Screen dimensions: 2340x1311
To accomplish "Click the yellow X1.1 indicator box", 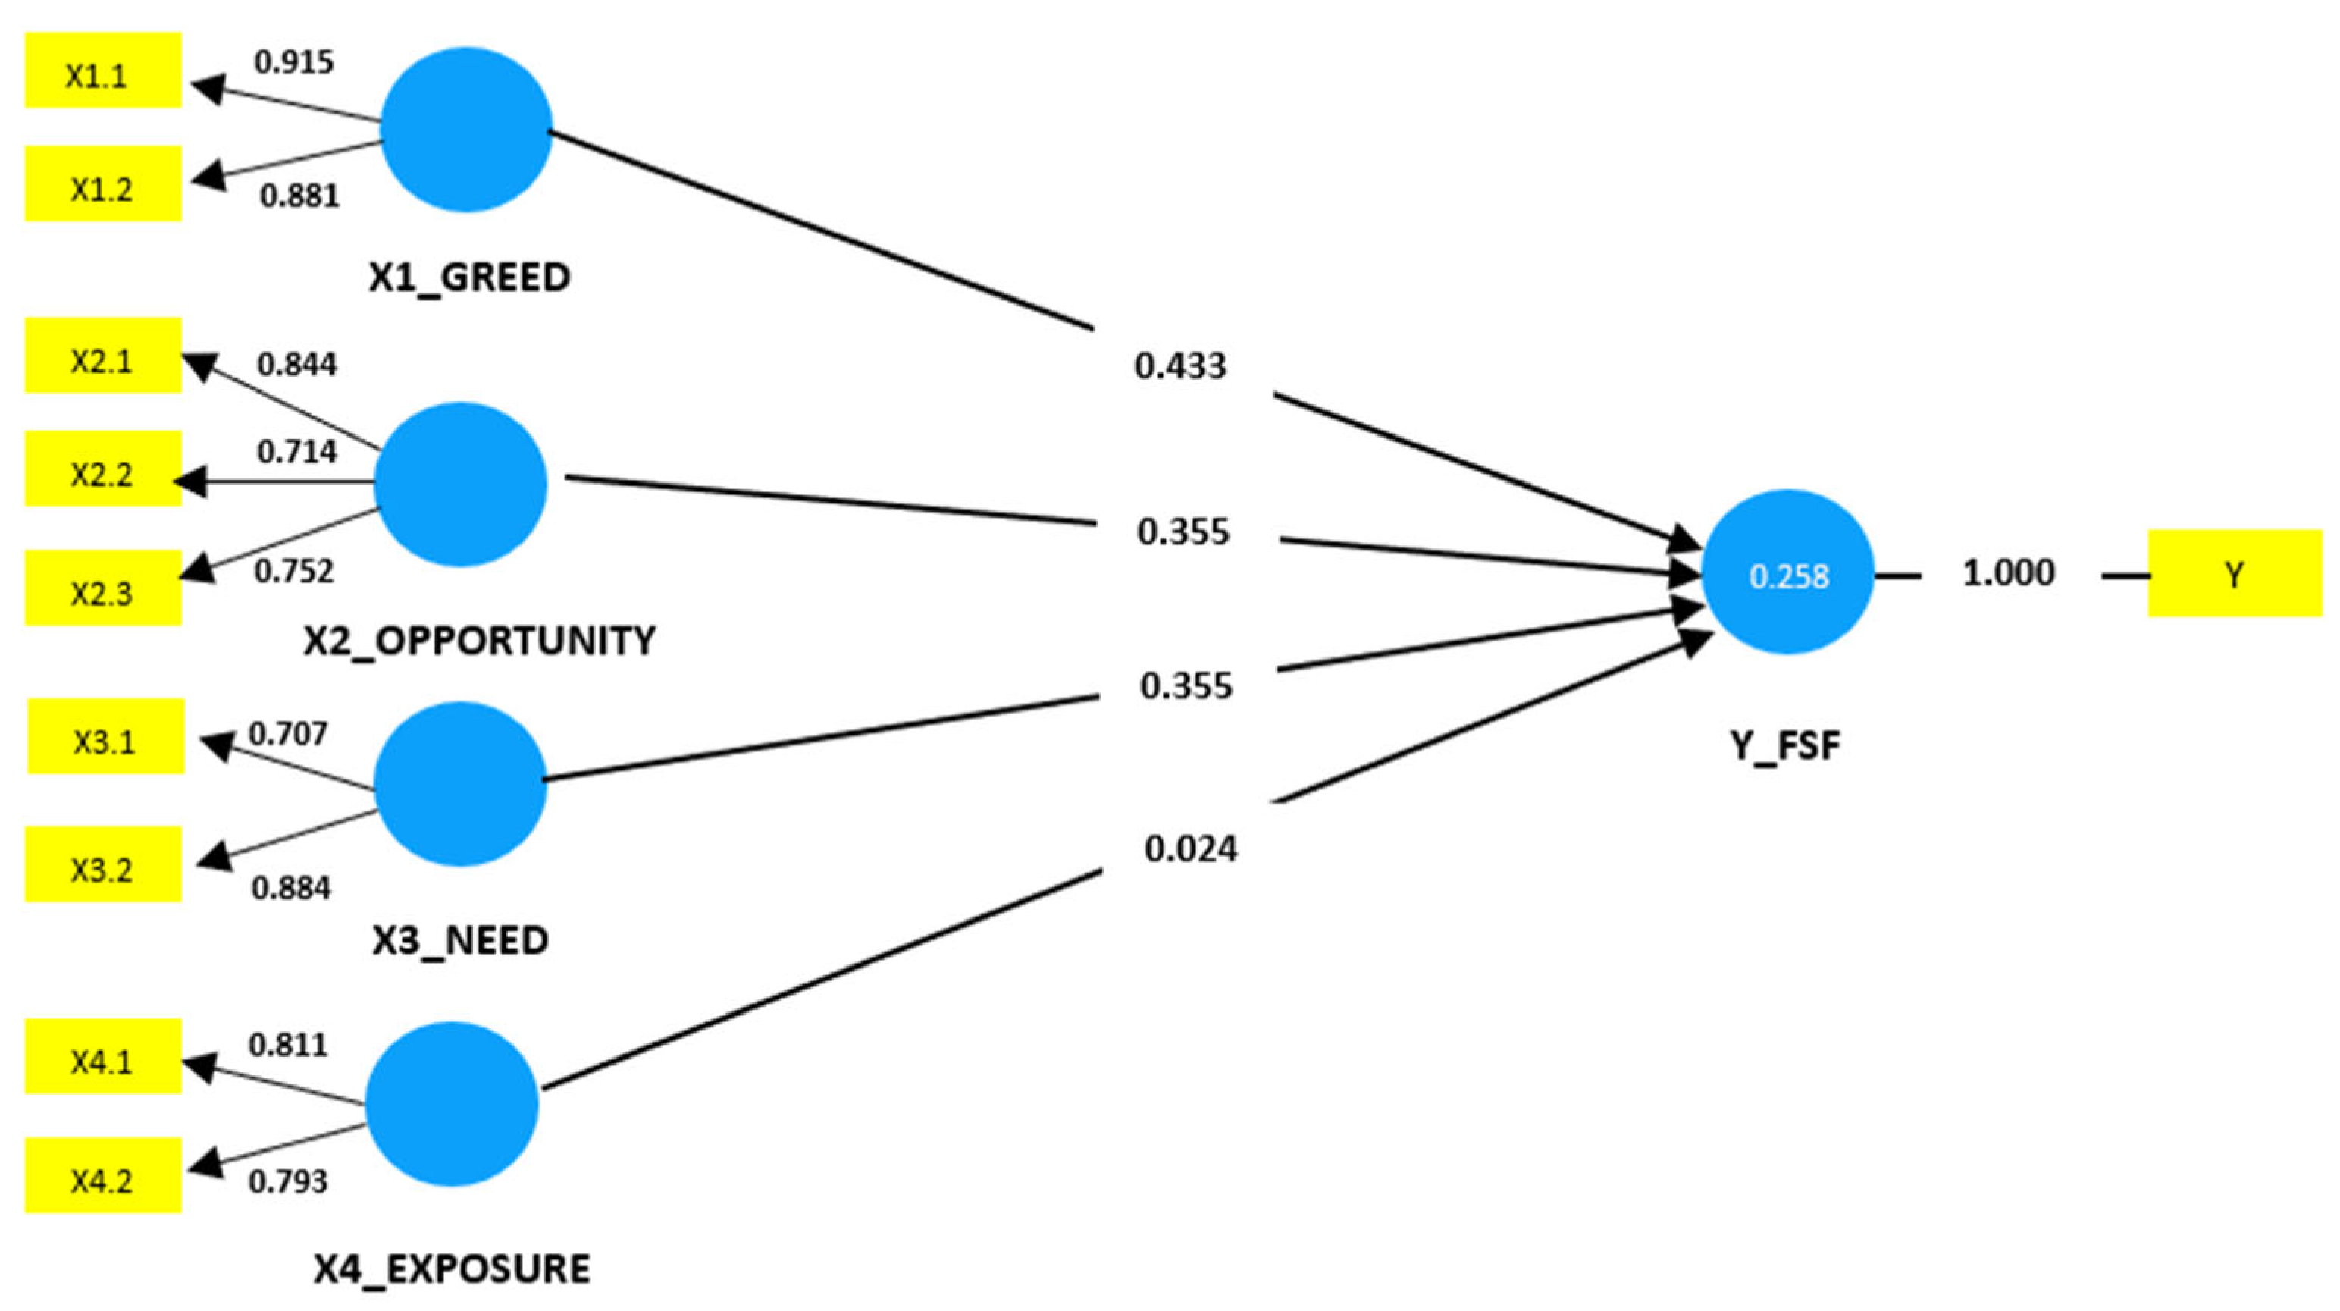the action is click(102, 71).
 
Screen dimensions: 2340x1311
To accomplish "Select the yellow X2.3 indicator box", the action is click(102, 588).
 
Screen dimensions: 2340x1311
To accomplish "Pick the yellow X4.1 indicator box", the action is click(102, 1055).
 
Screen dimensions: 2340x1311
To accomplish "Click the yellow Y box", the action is click(2235, 573).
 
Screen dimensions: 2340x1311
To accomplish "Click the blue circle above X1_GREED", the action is click(466, 130).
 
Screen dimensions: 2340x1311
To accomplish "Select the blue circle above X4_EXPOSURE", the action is click(453, 1104).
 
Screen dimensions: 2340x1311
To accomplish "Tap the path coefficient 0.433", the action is click(1180, 366).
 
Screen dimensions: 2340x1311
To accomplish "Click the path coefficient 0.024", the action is click(1191, 848).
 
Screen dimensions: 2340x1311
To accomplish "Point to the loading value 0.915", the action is click(294, 61).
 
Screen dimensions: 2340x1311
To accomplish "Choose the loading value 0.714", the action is click(297, 452).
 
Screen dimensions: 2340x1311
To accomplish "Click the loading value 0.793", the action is click(288, 1181).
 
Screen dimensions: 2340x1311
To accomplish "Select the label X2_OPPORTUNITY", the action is click(480, 641).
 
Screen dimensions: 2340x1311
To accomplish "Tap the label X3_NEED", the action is click(461, 940).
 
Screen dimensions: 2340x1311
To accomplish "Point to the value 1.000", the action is click(2010, 573).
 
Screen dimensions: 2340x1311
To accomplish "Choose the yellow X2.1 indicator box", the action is click(102, 355).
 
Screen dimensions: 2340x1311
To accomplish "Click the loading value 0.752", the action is click(294, 572).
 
